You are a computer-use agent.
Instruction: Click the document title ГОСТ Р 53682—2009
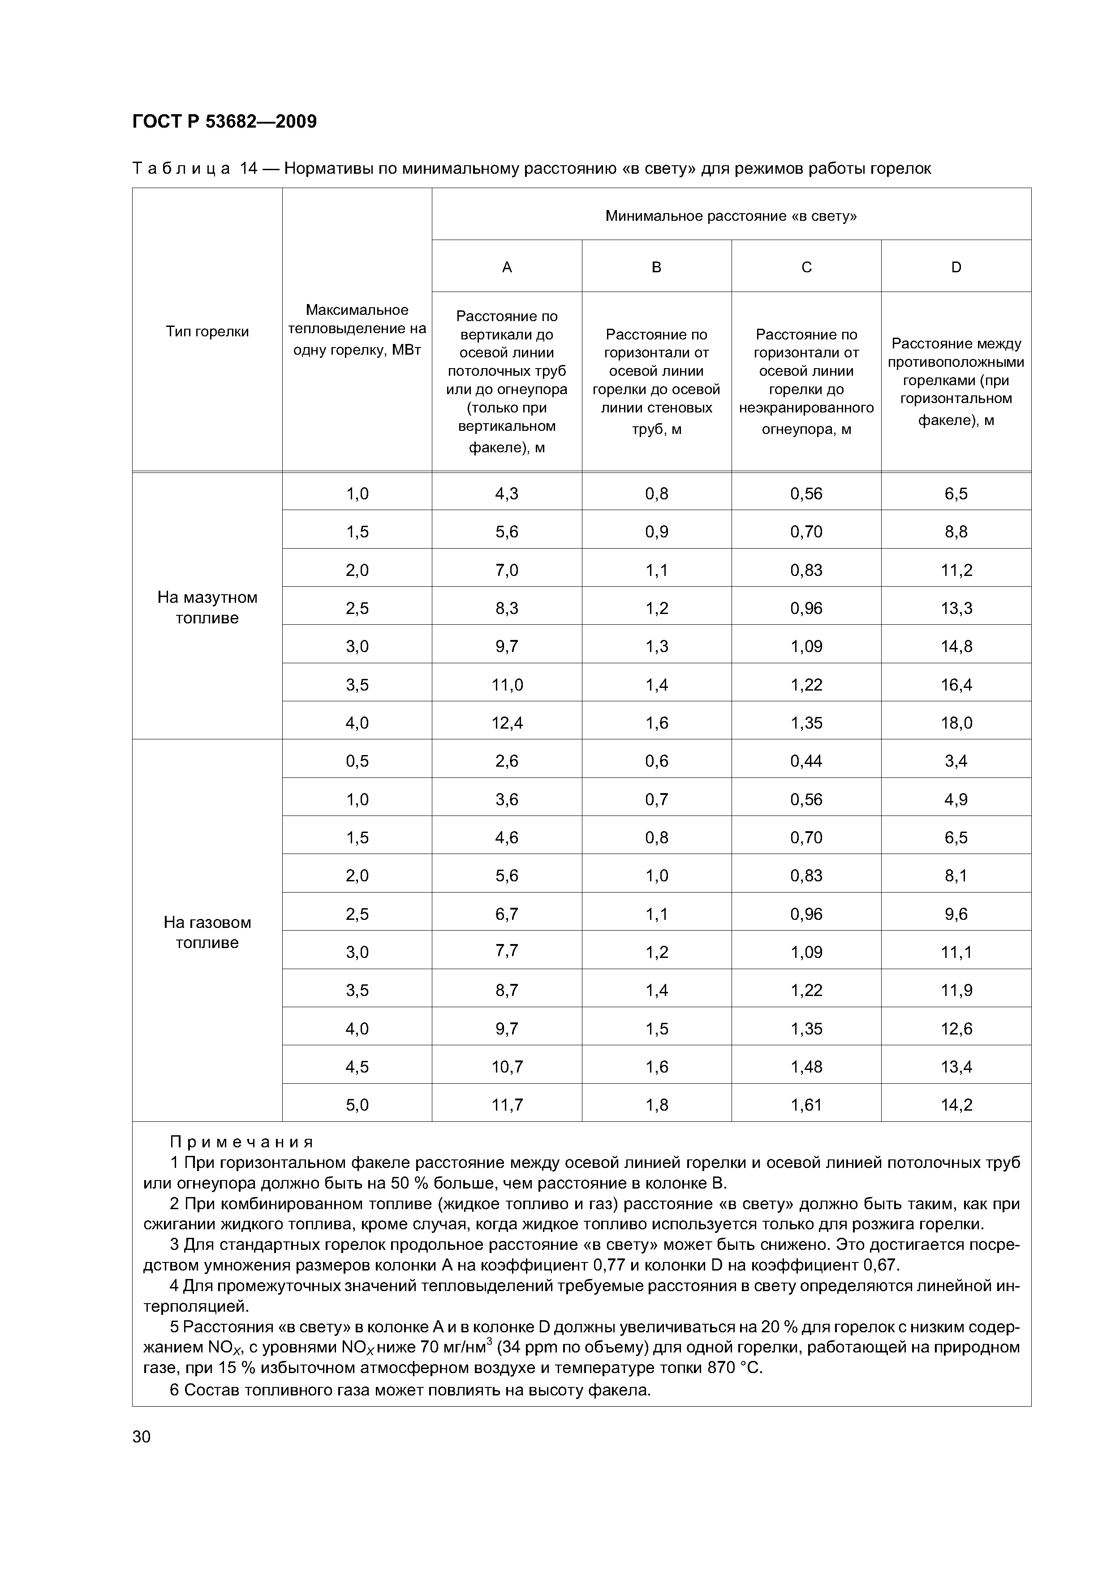coord(224,122)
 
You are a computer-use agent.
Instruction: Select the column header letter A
coord(507,267)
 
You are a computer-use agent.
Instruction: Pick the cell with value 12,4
coord(507,722)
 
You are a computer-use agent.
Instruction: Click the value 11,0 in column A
coord(507,684)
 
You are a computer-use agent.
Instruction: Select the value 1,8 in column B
coord(656,1104)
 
